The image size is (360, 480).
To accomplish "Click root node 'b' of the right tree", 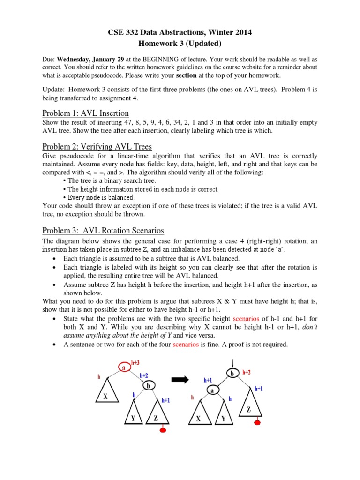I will pyautogui.click(x=232, y=374).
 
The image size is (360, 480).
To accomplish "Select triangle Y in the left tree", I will pyautogui.click(x=133, y=416).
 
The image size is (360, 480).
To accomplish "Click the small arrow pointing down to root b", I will pyautogui.click(x=232, y=361).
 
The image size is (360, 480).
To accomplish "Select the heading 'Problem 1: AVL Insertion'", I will pyautogui.click(x=85, y=113).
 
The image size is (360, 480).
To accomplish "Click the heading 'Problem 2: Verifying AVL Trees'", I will pyautogui.click(x=97, y=146).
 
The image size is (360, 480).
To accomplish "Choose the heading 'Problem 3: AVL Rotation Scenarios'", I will pyautogui.click(x=103, y=230).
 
